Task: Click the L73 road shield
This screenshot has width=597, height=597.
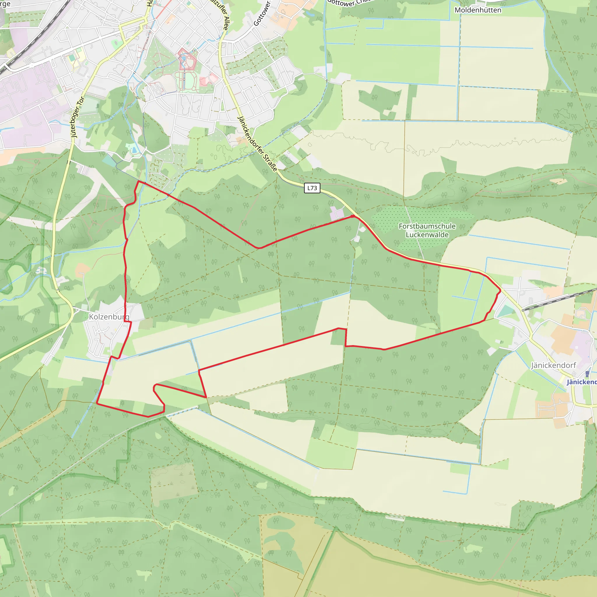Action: click(312, 188)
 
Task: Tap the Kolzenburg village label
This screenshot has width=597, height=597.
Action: click(109, 317)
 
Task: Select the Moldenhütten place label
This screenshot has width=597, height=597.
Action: click(478, 10)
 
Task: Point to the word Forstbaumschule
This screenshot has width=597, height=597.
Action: click(427, 226)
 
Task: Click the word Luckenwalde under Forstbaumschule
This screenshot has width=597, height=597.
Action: click(427, 235)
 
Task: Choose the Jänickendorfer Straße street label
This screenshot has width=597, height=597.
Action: click(257, 144)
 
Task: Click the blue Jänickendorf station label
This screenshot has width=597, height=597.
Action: click(582, 382)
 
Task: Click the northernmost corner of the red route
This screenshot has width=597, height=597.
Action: click(138, 181)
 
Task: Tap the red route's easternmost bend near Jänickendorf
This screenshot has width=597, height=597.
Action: click(500, 290)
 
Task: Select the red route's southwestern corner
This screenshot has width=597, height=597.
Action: click(97, 403)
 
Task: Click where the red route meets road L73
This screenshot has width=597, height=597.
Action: click(353, 216)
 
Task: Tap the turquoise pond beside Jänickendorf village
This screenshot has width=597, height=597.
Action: click(505, 310)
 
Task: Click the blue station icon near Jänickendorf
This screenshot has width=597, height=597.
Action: click(587, 374)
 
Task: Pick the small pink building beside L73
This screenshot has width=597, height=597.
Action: click(337, 213)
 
